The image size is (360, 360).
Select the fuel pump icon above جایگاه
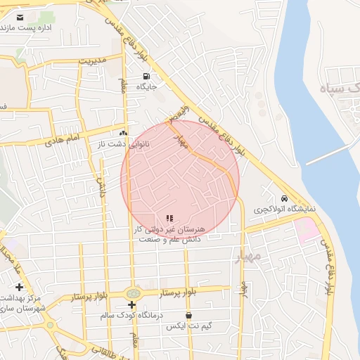[x=146, y=76]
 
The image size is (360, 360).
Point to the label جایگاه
[x=146, y=87]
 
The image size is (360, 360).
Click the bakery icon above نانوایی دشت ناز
[x=124, y=132]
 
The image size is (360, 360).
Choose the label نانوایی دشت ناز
[x=124, y=143]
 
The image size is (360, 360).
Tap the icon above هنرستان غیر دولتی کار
[x=169, y=218]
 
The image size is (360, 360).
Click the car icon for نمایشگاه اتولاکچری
[x=284, y=199]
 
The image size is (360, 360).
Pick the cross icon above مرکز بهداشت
[x=19, y=287]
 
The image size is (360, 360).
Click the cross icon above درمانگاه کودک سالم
[x=131, y=304]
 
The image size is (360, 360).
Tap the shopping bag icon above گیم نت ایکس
[x=188, y=316]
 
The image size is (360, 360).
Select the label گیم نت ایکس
[x=188, y=327]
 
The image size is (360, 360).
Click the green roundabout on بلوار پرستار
[x=132, y=293]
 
